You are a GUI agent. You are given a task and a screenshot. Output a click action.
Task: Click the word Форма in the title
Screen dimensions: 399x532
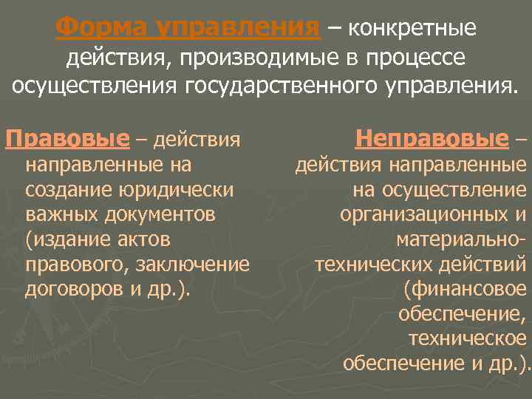coord(95,28)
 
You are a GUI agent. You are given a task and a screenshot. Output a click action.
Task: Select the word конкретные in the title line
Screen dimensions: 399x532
coord(412,28)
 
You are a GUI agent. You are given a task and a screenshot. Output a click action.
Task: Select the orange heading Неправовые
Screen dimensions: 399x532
coord(432,138)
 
